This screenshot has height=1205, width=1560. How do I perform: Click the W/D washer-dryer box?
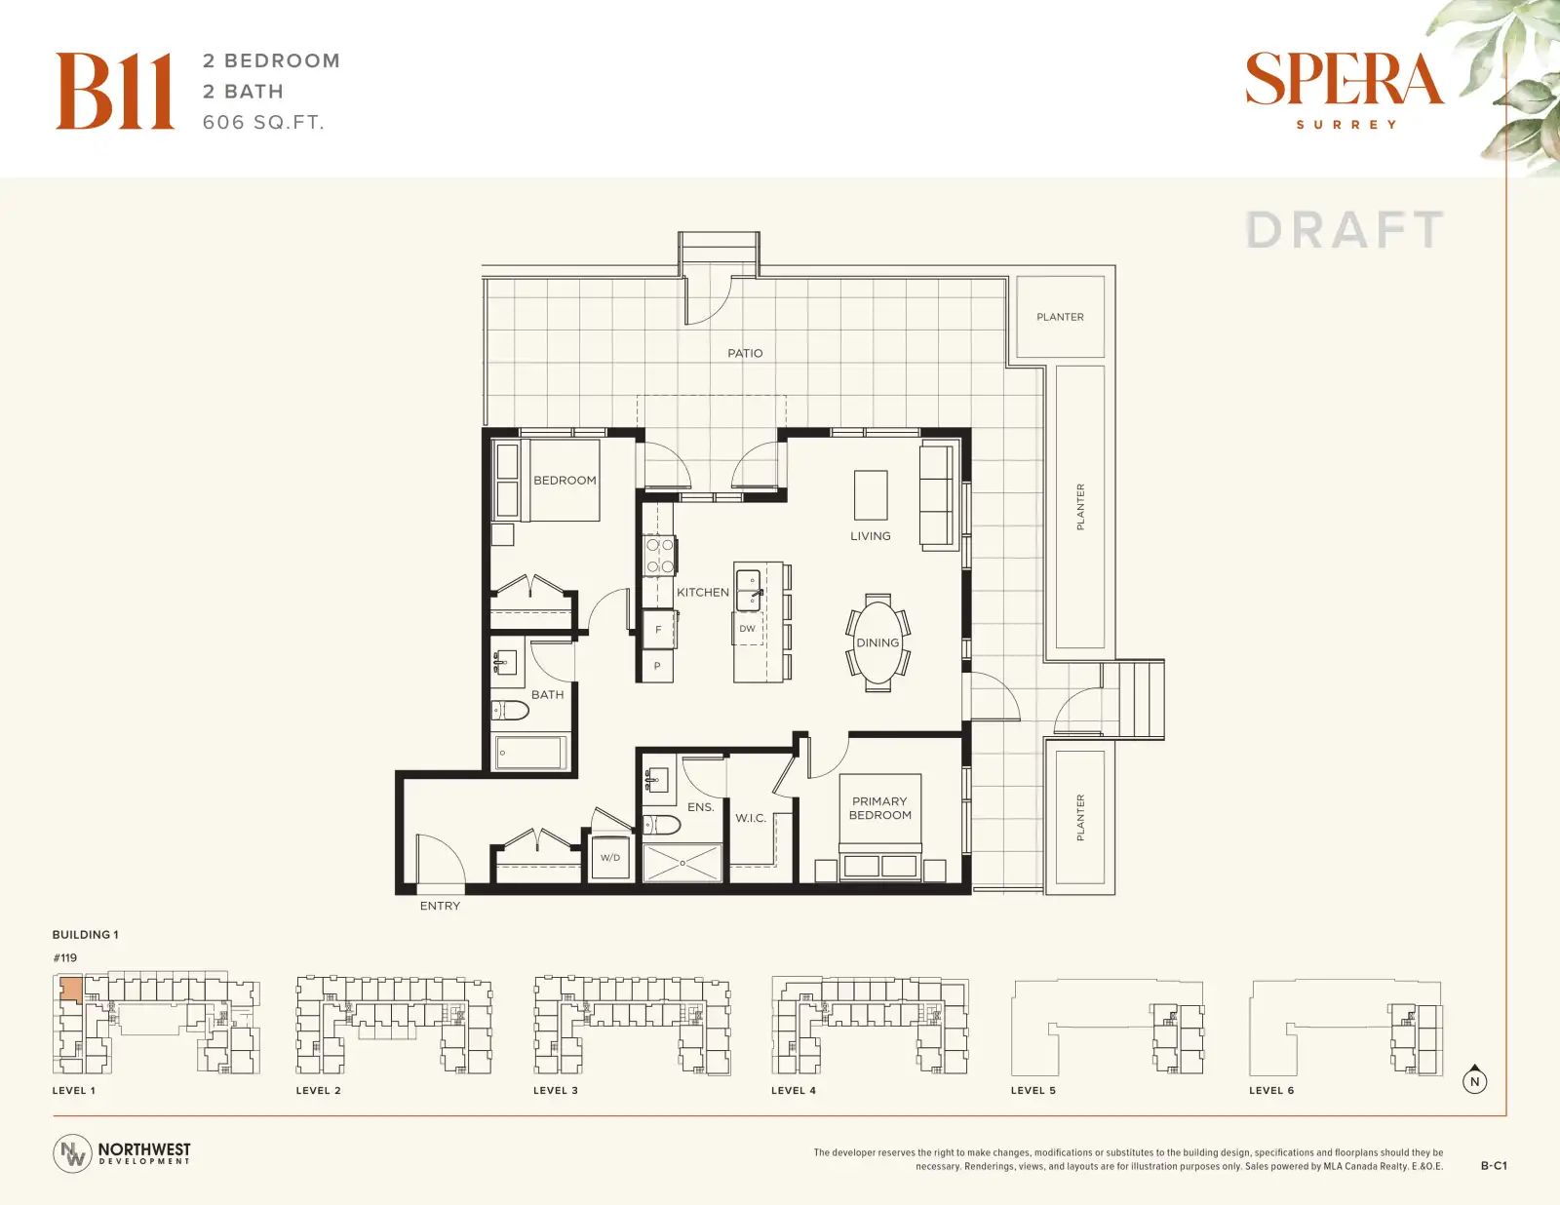609,857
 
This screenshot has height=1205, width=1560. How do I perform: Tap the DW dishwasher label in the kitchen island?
747,628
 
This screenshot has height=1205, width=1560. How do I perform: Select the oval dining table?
877,642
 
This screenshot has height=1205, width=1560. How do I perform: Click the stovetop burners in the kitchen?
660,556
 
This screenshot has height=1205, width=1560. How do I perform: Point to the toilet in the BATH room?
511,711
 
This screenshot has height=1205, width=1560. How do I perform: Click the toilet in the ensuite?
661,825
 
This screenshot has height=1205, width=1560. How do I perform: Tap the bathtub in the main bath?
530,752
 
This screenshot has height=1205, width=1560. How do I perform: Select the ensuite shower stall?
682,863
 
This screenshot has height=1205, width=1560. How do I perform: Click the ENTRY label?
440,906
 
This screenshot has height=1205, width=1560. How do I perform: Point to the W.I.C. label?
750,818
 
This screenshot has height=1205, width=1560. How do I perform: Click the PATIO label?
745,353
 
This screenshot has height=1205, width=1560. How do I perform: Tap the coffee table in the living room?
871,495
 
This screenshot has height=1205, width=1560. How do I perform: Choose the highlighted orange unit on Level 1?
70,989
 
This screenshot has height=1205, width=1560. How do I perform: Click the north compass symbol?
1474,1080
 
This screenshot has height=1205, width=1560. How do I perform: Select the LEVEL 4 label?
794,1090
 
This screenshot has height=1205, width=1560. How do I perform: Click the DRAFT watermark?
1345,230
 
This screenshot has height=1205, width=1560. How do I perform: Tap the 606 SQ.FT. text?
263,122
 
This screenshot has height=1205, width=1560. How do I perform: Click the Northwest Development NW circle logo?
72,1153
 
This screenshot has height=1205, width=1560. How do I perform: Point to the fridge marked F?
658,630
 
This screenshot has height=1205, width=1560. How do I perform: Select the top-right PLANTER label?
1060,317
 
